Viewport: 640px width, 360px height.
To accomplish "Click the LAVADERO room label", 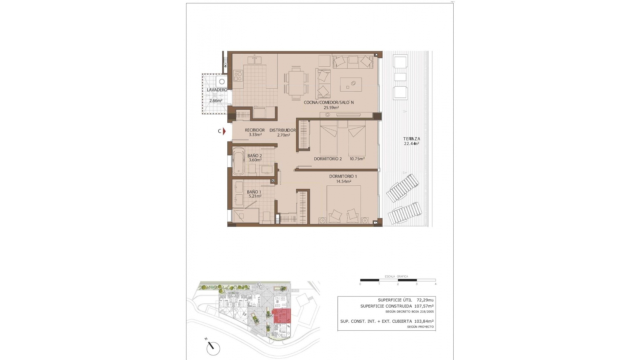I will [217, 90].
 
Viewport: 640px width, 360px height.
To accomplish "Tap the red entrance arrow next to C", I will [224, 131].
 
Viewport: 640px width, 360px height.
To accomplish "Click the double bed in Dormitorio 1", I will [344, 204].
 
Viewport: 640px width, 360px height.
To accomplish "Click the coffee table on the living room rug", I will [351, 84].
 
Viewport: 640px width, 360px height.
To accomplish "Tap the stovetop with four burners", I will [238, 76].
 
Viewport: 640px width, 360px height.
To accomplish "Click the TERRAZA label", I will [412, 139].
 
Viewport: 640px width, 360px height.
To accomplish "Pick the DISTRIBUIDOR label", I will [282, 130].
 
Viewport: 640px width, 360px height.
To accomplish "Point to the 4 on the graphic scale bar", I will [435, 284].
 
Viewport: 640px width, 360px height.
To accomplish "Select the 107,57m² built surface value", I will [424, 306].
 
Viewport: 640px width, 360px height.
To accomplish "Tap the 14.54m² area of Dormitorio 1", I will [343, 182].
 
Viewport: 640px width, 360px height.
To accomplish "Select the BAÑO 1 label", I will [254, 192].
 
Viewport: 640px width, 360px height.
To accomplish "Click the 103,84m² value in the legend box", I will [424, 321].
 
